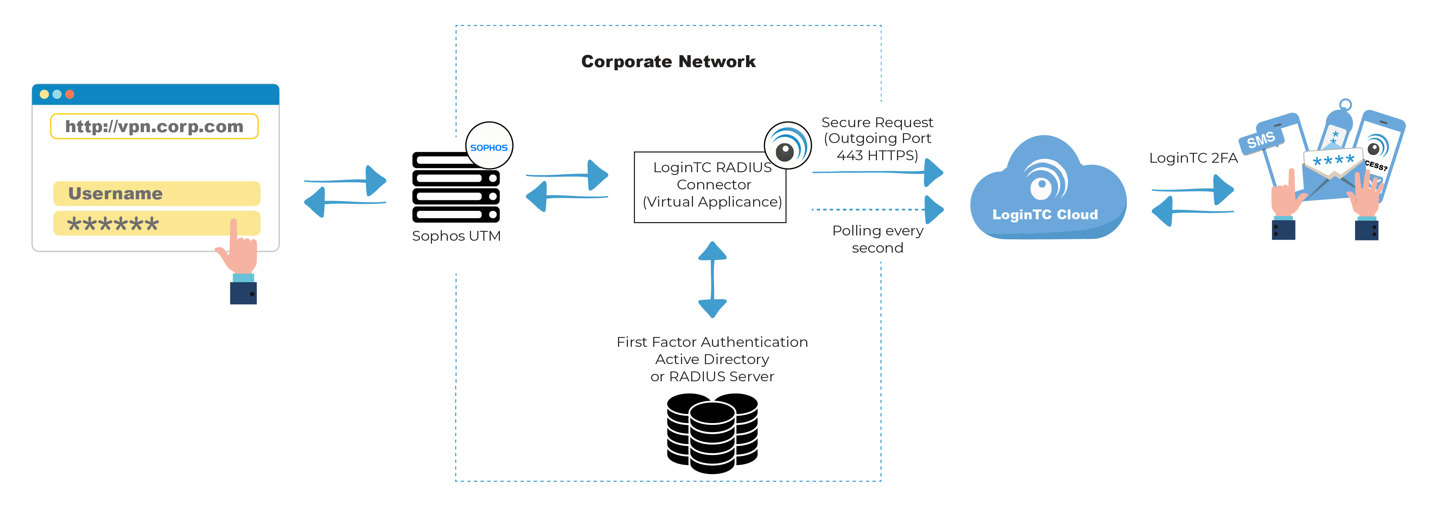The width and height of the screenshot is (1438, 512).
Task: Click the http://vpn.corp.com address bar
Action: click(x=154, y=126)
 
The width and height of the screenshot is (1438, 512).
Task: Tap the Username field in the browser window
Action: click(x=156, y=194)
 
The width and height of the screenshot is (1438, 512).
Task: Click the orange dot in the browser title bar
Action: click(x=70, y=94)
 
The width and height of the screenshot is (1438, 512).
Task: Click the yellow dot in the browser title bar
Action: click(x=44, y=94)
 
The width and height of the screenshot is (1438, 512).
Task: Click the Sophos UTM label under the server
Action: click(x=456, y=236)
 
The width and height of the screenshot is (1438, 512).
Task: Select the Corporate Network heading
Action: click(x=668, y=61)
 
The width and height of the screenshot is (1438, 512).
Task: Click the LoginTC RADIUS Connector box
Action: click(x=710, y=187)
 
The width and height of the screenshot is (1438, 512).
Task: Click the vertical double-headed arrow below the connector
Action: click(x=712, y=279)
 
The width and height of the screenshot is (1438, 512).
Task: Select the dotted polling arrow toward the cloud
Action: click(x=877, y=210)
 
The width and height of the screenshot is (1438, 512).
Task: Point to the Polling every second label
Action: click(x=878, y=239)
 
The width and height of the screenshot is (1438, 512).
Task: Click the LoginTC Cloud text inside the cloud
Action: click(x=1044, y=215)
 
